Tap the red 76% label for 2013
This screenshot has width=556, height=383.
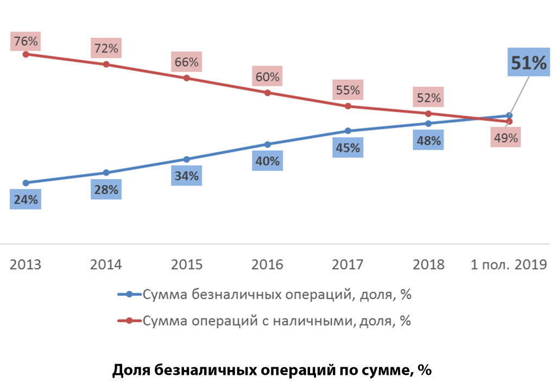[x=26, y=41]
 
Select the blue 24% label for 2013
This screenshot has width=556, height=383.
[x=26, y=200]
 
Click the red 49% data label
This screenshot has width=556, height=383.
[x=506, y=138]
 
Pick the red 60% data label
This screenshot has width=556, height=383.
[x=267, y=76]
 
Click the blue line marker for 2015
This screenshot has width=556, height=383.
[x=186, y=159]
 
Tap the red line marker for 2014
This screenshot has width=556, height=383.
[x=106, y=65]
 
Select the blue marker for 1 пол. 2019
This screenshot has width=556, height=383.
[x=509, y=116]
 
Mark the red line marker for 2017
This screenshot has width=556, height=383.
[x=347, y=106]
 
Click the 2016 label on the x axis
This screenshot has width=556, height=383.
[x=267, y=265]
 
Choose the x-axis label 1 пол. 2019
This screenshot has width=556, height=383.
[x=508, y=265]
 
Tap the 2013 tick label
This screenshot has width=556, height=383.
[x=26, y=265]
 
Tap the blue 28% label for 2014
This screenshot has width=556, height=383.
[x=106, y=190]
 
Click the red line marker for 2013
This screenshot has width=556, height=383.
[x=26, y=54]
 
